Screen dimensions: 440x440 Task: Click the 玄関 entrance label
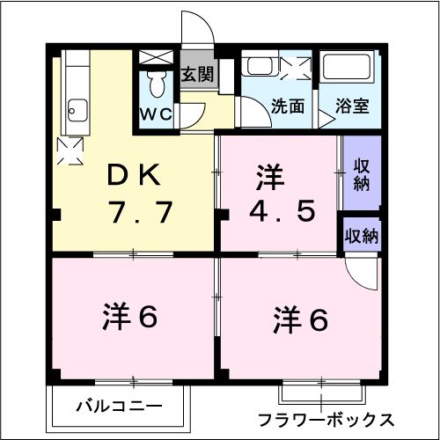[196, 75]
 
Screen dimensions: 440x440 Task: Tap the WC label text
[158, 114]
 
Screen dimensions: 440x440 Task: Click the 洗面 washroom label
[287, 106]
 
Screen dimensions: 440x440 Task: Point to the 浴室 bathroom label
[352, 106]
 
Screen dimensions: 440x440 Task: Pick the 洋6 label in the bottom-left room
[130, 316]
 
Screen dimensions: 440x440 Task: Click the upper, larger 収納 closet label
[361, 173]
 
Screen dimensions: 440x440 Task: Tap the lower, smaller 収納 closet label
[362, 236]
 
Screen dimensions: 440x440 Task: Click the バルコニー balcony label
[119, 407]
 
